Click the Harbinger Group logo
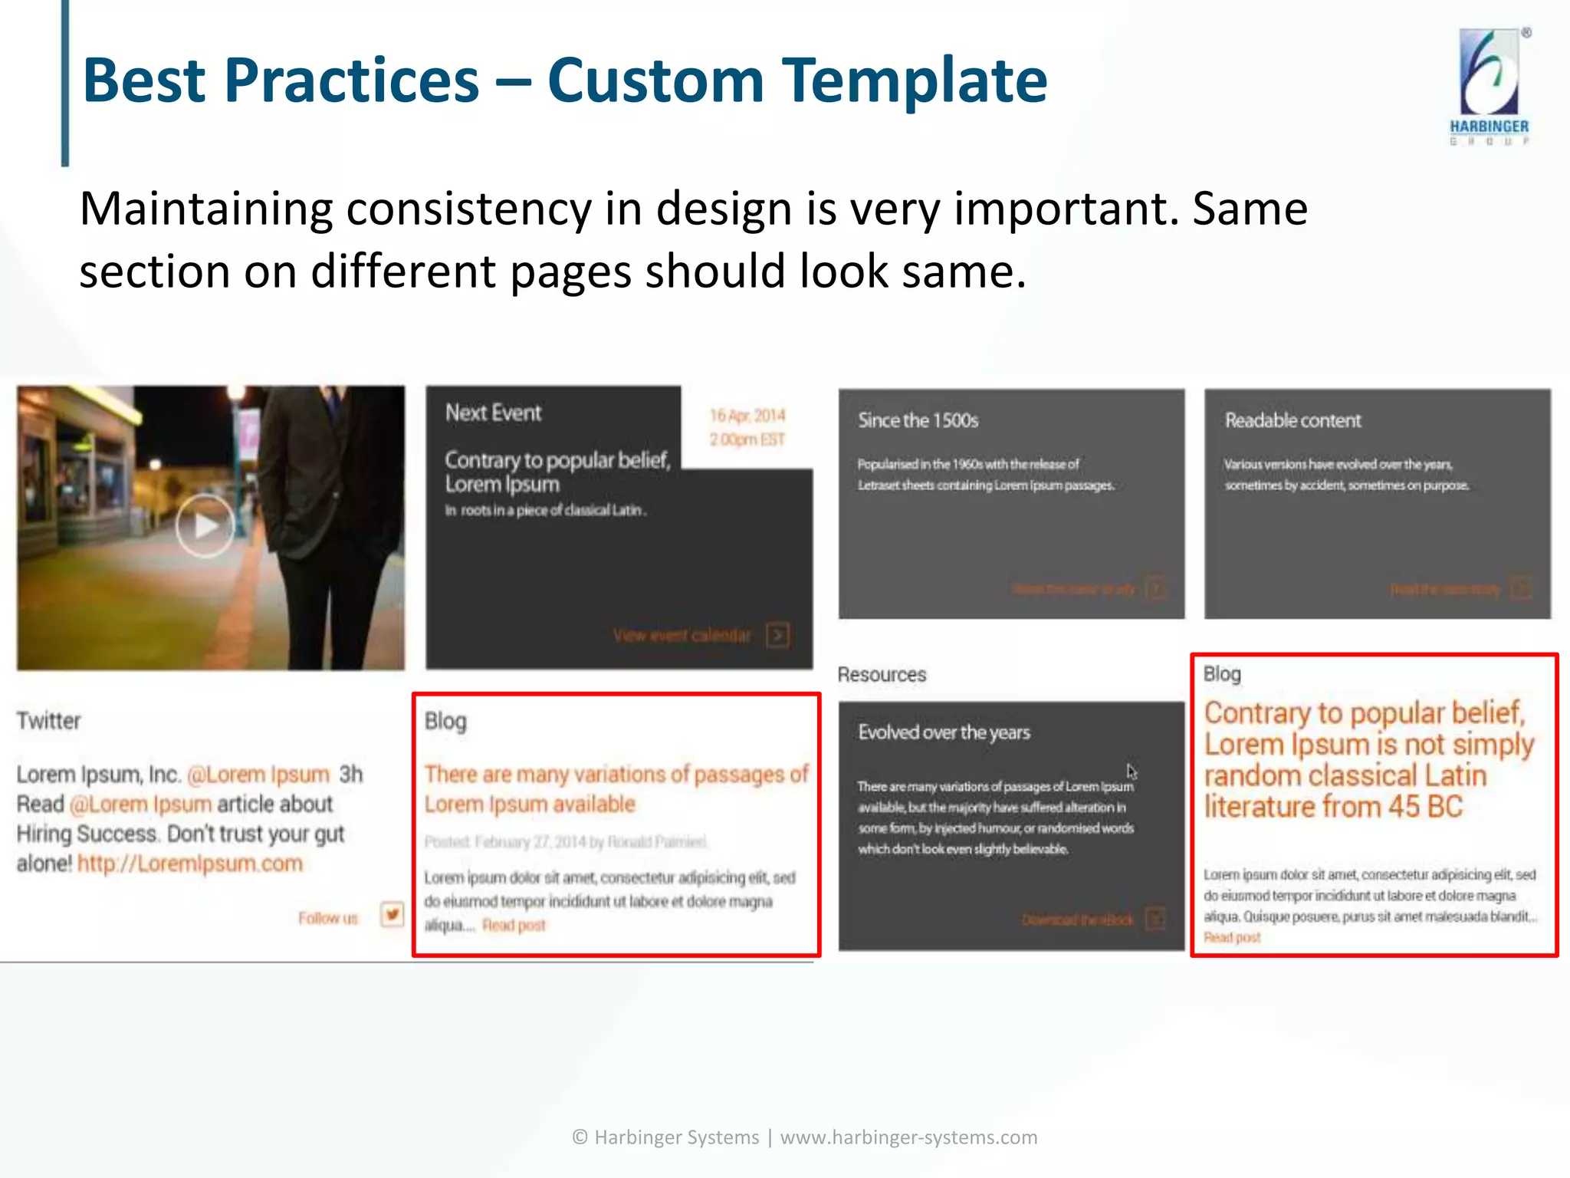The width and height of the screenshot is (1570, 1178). pyautogui.click(x=1490, y=84)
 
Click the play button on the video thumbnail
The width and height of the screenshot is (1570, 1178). pyautogui.click(x=205, y=526)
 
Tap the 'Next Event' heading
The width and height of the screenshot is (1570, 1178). pyautogui.click(x=493, y=413)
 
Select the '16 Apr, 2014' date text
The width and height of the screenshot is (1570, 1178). pyautogui.click(x=747, y=416)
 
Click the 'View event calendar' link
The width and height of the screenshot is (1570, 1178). pyautogui.click(x=682, y=635)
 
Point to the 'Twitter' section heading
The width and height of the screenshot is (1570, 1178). pyautogui.click(x=48, y=721)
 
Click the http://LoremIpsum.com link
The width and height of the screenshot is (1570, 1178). pyautogui.click(x=190, y=864)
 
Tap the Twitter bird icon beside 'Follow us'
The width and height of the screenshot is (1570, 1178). pyautogui.click(x=392, y=914)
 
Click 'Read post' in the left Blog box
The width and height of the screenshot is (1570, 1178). pyautogui.click(x=514, y=926)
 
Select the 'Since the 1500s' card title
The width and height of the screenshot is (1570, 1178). pyautogui.click(x=918, y=420)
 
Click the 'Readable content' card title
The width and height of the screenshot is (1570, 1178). pyautogui.click(x=1292, y=420)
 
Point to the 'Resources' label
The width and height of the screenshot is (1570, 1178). pyautogui.click(x=882, y=675)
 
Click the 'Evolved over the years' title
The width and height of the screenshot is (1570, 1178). pyautogui.click(x=944, y=732)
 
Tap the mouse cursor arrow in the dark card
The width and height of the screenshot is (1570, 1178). pyautogui.click(x=1132, y=771)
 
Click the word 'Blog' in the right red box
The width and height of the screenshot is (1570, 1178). pyautogui.click(x=1221, y=674)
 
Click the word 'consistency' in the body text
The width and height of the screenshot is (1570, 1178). pyautogui.click(x=468, y=209)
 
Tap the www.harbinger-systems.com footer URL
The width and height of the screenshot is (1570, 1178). pyautogui.click(x=908, y=1137)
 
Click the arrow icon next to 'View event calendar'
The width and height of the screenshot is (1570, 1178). pyautogui.click(x=777, y=635)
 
